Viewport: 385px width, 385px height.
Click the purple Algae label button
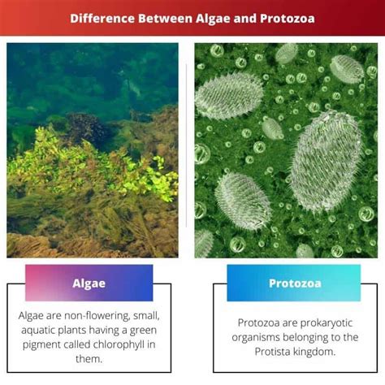tap(89, 283)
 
